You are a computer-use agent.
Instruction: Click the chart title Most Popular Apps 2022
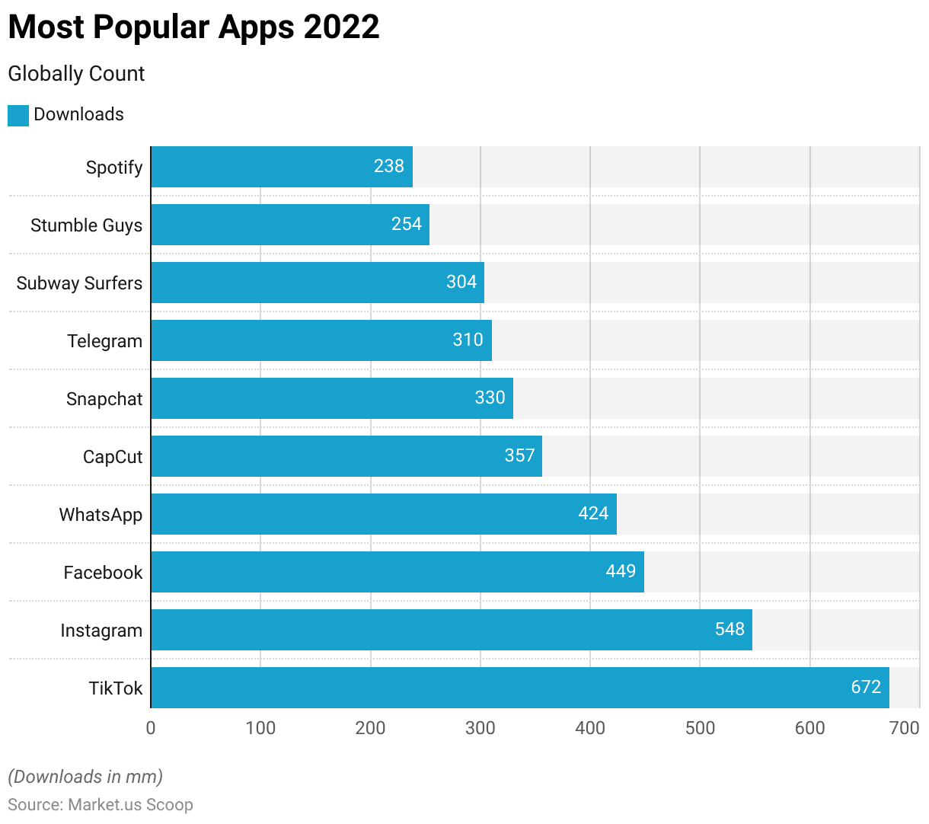(x=193, y=27)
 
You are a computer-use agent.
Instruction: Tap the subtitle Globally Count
(x=76, y=74)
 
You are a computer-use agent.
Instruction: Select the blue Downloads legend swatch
(x=18, y=115)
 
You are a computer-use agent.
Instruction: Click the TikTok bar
(x=519, y=688)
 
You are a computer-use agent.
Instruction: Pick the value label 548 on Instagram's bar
(x=729, y=629)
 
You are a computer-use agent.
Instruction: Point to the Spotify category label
(x=114, y=168)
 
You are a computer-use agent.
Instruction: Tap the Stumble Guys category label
(x=87, y=225)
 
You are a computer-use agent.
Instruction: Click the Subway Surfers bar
(x=317, y=283)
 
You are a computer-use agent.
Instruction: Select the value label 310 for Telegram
(x=468, y=340)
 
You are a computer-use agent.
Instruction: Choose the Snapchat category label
(x=104, y=399)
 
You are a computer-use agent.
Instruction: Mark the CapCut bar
(x=346, y=456)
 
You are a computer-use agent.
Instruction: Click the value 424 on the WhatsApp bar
(x=593, y=513)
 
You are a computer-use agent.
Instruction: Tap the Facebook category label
(x=103, y=573)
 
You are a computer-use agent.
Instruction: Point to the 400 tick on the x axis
(x=590, y=728)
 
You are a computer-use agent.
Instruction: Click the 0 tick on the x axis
(x=151, y=728)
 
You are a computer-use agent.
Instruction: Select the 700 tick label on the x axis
(x=905, y=728)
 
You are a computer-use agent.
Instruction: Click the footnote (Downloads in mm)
(x=85, y=777)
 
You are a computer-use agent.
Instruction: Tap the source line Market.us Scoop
(x=101, y=805)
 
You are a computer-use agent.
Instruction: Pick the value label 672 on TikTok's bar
(x=866, y=687)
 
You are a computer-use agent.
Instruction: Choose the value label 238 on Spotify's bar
(x=388, y=166)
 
